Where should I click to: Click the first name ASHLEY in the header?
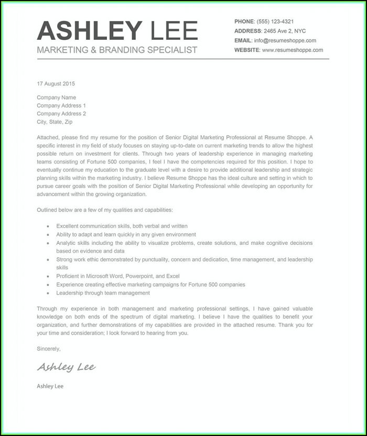[x=90, y=31]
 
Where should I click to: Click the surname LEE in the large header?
[x=174, y=31]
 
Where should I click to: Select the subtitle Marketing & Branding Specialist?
[x=117, y=50]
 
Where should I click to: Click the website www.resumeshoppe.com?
[x=292, y=50]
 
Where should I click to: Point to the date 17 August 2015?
[x=56, y=83]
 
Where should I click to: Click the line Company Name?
[x=56, y=97]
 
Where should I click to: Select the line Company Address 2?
[x=61, y=113]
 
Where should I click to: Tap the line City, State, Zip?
[x=55, y=122]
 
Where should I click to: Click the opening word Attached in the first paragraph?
[x=48, y=137]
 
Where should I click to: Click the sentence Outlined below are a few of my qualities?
[x=104, y=210]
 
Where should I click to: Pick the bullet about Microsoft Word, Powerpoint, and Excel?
[x=118, y=276]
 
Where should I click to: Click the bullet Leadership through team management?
[x=103, y=293]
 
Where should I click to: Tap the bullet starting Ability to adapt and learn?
[x=126, y=235]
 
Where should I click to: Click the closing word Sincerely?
[x=49, y=348]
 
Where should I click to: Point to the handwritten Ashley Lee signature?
[x=67, y=367]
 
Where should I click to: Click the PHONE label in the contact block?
[x=244, y=21]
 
